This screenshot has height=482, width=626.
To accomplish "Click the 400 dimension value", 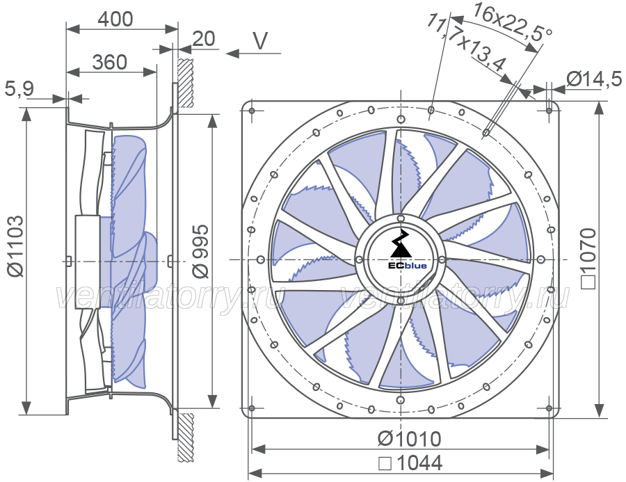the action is coord(115,19).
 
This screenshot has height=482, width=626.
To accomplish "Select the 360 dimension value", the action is coord(110,63).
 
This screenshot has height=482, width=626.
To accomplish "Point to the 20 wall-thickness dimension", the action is coord(204,39).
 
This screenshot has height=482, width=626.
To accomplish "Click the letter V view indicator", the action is coord(261,40).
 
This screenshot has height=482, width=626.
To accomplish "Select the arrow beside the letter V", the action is coord(253,53).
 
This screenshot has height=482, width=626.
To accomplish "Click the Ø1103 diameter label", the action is coord(16,246).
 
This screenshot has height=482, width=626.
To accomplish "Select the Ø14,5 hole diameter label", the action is coord(594,79).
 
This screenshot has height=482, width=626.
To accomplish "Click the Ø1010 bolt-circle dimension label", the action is coord(409,439).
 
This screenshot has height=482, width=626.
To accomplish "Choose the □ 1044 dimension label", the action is coord(410,463).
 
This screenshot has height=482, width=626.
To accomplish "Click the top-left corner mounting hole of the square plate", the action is coord(252,111).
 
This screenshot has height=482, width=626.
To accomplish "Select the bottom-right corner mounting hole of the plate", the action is coord(549,408).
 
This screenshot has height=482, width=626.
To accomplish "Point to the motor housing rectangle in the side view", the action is coord(88,262).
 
